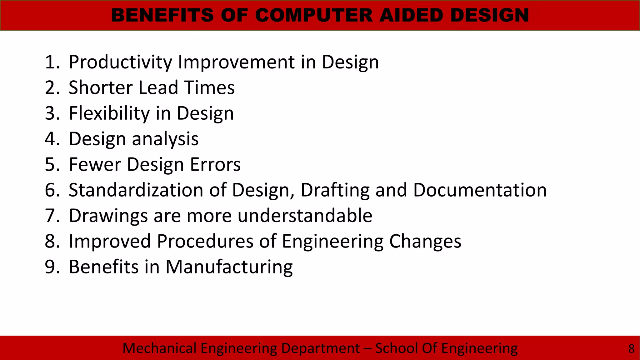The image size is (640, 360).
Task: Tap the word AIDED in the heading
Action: tap(412, 15)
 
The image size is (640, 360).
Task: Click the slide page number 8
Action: tap(631, 348)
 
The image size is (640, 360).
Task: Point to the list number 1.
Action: tap(51, 62)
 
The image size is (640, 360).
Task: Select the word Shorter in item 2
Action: tap(100, 87)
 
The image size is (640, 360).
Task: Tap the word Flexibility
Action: tap(109, 113)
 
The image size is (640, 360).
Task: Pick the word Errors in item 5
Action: tap(215, 165)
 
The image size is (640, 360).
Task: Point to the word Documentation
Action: tap(480, 190)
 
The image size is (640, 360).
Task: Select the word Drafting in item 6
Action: tap(335, 191)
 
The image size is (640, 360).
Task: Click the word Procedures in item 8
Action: tap(216, 241)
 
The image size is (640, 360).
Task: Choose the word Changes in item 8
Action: tap(425, 242)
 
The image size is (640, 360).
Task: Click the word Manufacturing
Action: tap(229, 267)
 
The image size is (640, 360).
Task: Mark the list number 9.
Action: tap(51, 267)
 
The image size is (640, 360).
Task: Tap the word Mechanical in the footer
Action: tap(159, 348)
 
